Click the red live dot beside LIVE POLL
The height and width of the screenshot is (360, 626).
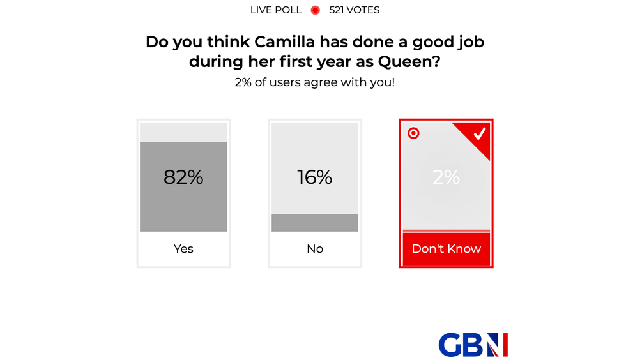(315, 10)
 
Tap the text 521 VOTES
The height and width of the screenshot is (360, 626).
(354, 10)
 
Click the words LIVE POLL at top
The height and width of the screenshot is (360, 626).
(276, 10)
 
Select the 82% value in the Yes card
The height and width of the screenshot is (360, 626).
(183, 177)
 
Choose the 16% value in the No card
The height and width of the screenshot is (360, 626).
(315, 177)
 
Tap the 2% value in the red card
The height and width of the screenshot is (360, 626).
(446, 177)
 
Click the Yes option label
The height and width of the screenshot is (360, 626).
(183, 249)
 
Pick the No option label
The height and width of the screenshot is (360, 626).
(315, 249)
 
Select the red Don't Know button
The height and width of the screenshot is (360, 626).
(446, 249)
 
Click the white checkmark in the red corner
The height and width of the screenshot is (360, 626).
(479, 133)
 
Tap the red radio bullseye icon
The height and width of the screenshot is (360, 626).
(413, 133)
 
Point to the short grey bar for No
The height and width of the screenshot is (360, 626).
(315, 223)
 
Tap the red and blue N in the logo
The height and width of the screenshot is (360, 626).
(496, 345)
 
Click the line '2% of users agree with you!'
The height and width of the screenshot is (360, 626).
(315, 82)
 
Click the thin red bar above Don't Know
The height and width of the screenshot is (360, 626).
(446, 230)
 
